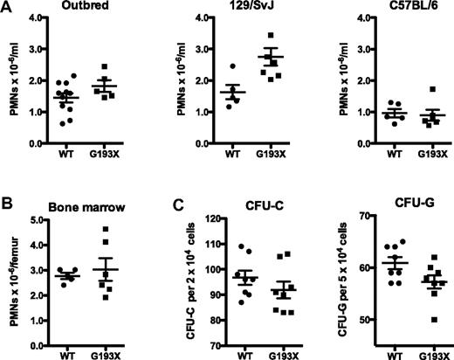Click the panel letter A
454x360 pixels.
6,7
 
